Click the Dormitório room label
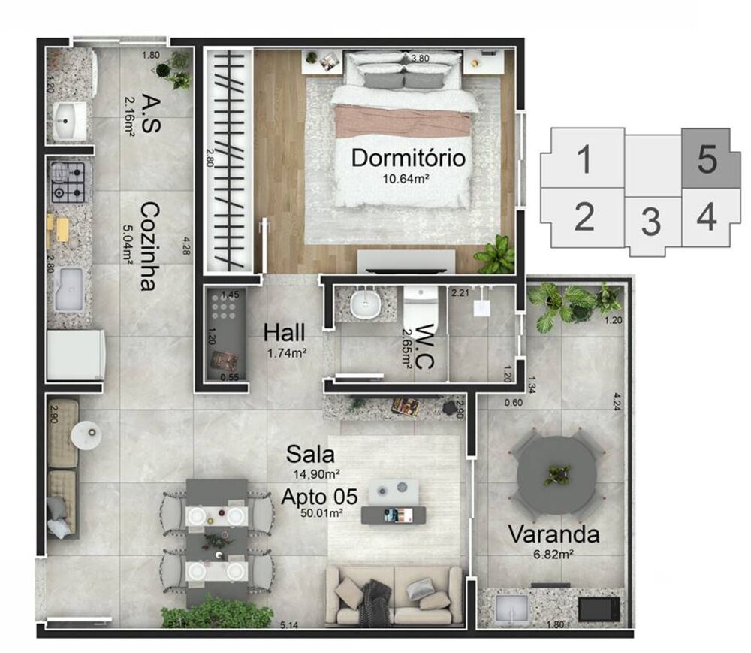click(x=408, y=159)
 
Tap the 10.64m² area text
click(x=408, y=179)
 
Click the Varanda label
click(x=553, y=535)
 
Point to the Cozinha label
click(x=147, y=246)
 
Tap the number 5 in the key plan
click(x=707, y=159)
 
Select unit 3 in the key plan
click(x=650, y=222)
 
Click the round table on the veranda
click(x=556, y=475)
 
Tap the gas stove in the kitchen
click(x=71, y=183)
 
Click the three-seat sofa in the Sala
click(x=394, y=594)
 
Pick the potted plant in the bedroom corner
click(x=495, y=255)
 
